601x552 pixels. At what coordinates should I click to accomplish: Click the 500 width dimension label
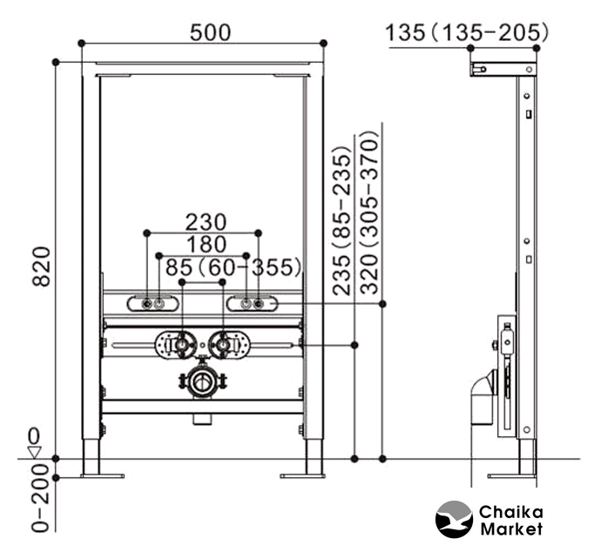210,32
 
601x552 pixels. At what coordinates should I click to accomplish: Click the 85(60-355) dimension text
232,266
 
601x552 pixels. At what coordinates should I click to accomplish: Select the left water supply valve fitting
181,346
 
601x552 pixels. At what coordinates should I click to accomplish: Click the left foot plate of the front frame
102,475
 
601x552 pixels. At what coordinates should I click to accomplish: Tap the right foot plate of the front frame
302,475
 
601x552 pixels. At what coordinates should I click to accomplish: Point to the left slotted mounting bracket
153,303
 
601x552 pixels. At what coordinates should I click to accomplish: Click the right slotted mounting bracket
253,303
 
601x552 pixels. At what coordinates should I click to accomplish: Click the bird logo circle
454,518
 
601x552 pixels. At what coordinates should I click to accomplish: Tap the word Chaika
511,511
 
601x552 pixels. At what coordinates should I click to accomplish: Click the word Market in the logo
511,528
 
